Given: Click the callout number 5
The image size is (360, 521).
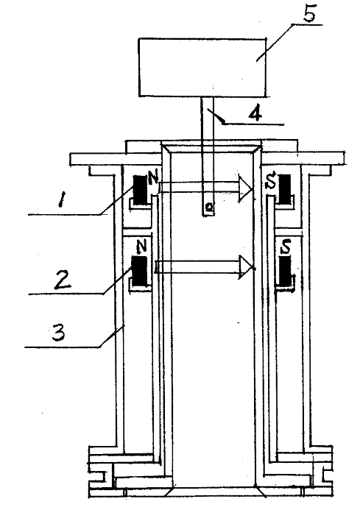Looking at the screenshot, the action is point(309,14).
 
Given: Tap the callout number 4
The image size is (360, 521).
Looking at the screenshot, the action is point(255,113).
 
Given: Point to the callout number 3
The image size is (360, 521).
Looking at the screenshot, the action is point(59,332).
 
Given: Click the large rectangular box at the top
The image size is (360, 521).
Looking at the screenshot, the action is point(202,68).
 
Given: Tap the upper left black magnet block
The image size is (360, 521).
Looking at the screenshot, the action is point(140,189).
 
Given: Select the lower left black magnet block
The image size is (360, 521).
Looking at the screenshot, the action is point(139,271).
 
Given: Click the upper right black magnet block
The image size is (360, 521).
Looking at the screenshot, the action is point(285,188).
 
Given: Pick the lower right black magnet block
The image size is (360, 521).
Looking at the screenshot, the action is point(285,271).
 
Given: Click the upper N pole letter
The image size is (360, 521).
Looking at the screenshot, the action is point(153,179).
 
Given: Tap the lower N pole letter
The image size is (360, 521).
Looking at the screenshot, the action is point(141,247).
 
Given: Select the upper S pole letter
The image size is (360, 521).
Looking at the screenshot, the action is point(272,182).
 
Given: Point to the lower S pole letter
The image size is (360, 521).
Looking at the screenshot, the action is point(286,247).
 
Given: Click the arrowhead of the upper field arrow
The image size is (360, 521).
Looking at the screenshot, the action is point(245,188).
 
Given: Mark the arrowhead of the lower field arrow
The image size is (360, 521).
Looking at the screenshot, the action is point(247,267).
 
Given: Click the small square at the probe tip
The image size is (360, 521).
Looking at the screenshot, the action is point(209,208).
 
